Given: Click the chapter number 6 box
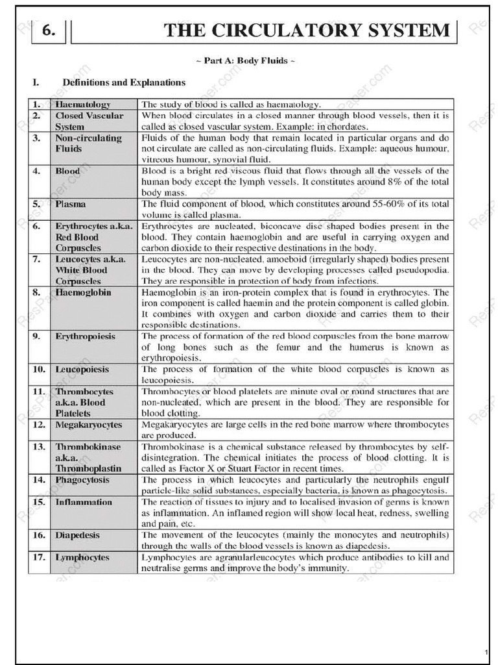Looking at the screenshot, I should coord(48,31).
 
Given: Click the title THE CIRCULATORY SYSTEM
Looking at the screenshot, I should coord(306,31).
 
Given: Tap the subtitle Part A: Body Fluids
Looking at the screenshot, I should coord(246,61).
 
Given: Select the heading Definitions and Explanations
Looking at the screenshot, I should coord(124,82).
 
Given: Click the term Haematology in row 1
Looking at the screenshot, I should coord(83,104).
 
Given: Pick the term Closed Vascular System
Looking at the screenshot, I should coord(89,121).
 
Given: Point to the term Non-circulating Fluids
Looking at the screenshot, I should coord(88,144).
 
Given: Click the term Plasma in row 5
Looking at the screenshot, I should coord(71,204).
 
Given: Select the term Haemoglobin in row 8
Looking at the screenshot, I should coord(83,292).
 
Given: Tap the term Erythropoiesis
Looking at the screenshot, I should coord(85,336).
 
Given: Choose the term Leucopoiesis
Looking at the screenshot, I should coord(82,370).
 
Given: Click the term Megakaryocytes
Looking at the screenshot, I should coord(88,425).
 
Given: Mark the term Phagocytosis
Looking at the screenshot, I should coord(82,480).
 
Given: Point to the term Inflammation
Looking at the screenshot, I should coord(84,502).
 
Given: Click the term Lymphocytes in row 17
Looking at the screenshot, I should coord(82,557).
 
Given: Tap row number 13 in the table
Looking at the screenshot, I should coord(39,447).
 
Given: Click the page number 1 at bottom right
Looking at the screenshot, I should coord(486,651).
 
